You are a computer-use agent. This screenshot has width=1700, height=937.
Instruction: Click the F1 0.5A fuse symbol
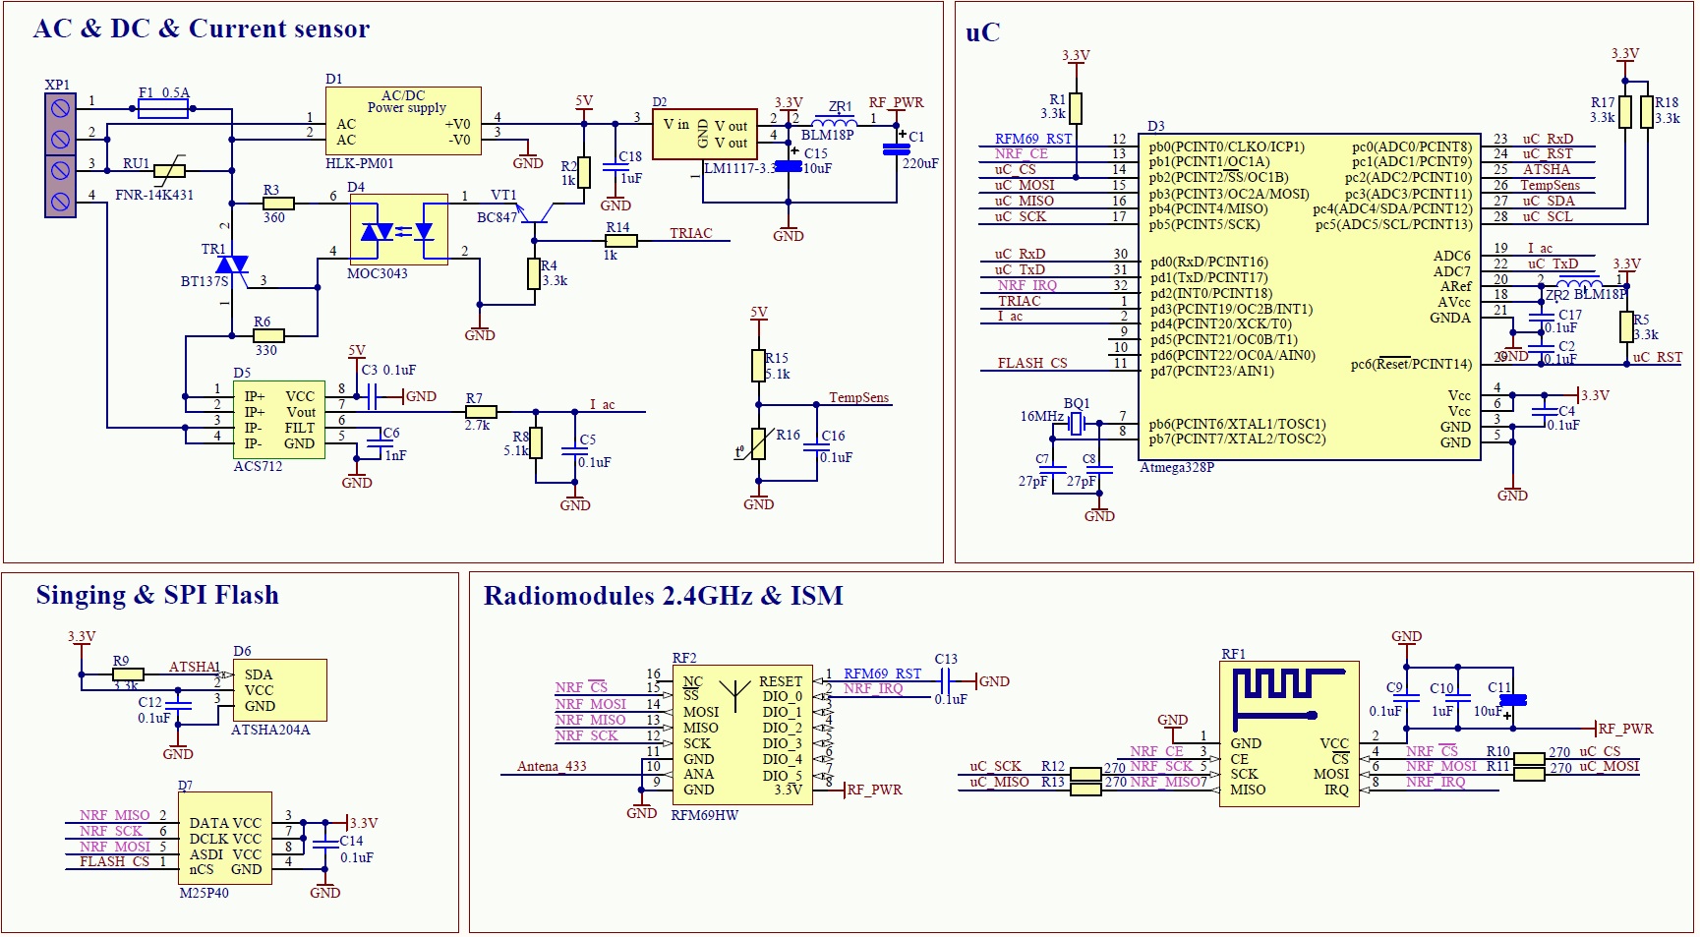(x=163, y=109)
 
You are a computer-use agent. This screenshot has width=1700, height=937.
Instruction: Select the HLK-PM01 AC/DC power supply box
(x=403, y=121)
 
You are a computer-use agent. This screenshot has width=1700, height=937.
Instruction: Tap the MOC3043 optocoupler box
(x=398, y=230)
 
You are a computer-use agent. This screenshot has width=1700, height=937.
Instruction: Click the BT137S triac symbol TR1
(x=232, y=264)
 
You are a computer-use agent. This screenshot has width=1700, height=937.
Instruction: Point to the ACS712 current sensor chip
(x=278, y=420)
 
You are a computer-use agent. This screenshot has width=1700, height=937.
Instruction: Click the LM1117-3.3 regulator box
(x=704, y=134)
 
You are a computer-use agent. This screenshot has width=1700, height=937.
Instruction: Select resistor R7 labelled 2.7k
(x=481, y=412)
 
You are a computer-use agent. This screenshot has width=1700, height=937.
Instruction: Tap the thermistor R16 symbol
(x=758, y=444)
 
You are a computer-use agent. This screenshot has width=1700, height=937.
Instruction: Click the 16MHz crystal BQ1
(x=1077, y=424)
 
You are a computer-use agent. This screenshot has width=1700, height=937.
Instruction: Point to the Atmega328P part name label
(x=1176, y=468)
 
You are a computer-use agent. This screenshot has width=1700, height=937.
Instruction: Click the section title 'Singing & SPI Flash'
(x=157, y=596)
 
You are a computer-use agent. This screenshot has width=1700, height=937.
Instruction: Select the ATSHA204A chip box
(x=279, y=690)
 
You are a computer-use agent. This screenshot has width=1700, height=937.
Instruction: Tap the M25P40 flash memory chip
(x=225, y=839)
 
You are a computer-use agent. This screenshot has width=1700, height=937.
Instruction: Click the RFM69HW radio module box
(x=741, y=734)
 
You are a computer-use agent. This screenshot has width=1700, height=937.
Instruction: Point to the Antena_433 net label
(x=552, y=766)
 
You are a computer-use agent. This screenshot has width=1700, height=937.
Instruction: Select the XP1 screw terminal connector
(x=60, y=155)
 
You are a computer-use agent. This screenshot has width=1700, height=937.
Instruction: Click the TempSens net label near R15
(x=858, y=397)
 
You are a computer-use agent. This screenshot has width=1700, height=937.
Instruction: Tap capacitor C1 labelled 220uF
(x=896, y=149)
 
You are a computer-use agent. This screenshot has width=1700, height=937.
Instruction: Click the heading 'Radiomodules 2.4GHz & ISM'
(x=663, y=596)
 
